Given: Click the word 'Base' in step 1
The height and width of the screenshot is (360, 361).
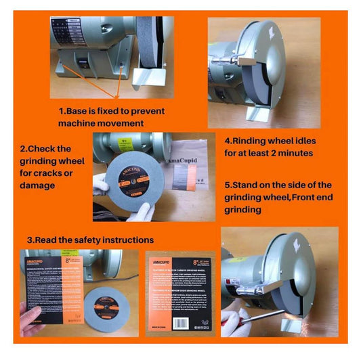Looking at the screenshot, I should (x=82, y=111).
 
